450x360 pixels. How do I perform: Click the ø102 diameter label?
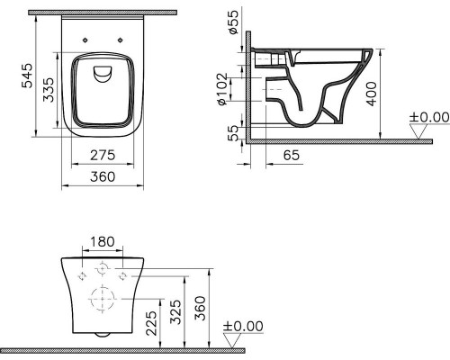[x=233, y=88]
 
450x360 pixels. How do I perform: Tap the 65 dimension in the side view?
[x=292, y=156]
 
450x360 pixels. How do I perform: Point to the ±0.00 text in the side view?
[x=428, y=117]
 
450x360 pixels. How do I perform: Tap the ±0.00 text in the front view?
[x=242, y=326]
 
